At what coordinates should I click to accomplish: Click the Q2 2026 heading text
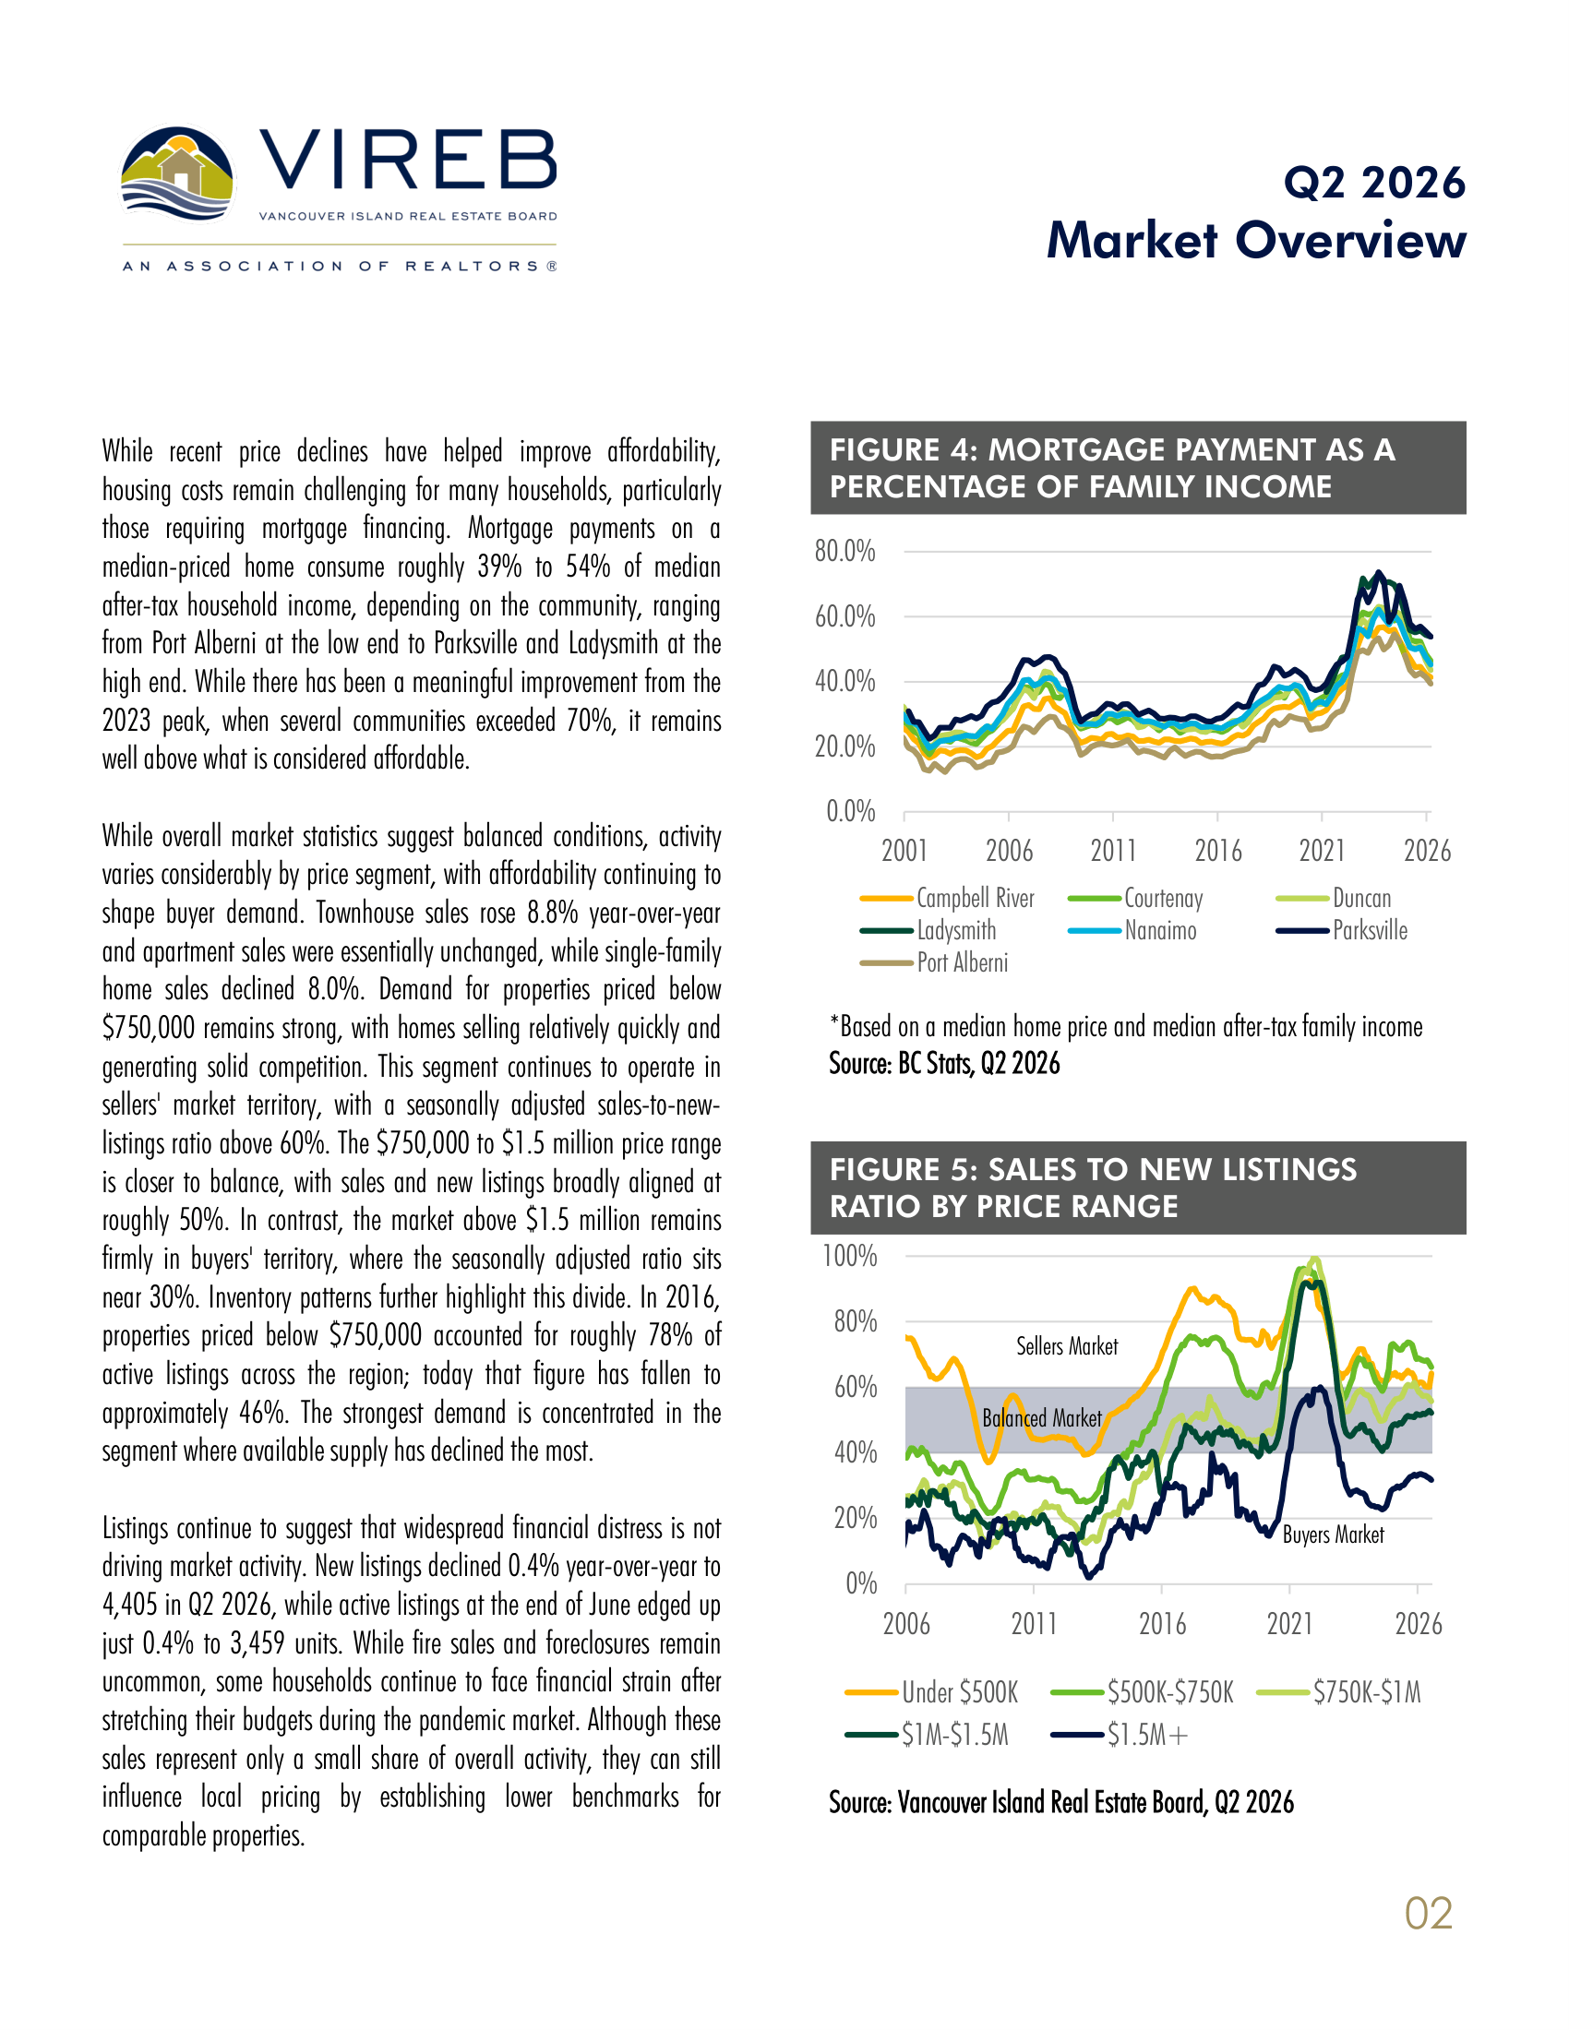(1374, 183)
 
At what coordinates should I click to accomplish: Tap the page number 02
(1429, 1914)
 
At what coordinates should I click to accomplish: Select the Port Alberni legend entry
(934, 963)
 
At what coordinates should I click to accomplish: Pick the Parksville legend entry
(1341, 930)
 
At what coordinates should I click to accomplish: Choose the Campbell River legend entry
(947, 898)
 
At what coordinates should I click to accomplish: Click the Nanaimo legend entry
(1132, 930)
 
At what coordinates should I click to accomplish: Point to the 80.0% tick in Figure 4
(844, 551)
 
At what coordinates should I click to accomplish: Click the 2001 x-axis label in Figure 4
(904, 851)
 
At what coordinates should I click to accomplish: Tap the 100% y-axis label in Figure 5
(849, 1256)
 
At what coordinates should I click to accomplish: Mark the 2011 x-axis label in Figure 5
(1034, 1624)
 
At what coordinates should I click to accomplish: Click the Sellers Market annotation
(1067, 1346)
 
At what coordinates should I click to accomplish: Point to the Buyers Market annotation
(1333, 1534)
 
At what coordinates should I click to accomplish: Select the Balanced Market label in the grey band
(1042, 1417)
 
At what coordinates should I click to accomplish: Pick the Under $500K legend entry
(931, 1691)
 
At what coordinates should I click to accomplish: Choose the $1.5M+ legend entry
(1120, 1735)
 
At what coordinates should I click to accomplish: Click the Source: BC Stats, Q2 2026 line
(944, 1063)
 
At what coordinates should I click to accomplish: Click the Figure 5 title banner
(1138, 1188)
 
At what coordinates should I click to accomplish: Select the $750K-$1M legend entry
(1338, 1691)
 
